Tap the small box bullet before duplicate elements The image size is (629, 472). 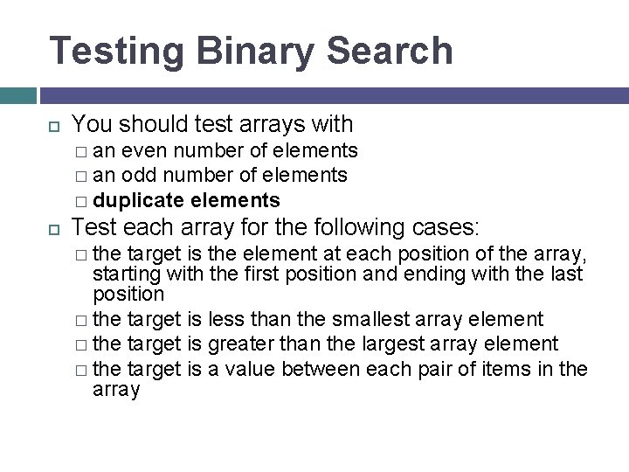pyautogui.click(x=81, y=201)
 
